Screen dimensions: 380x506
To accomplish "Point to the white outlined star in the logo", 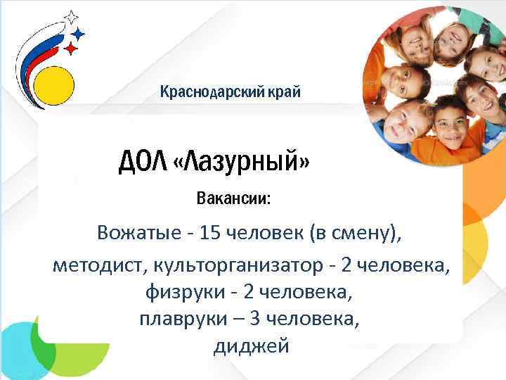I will point(70,17).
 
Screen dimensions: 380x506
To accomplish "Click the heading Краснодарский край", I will point(231,91).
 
